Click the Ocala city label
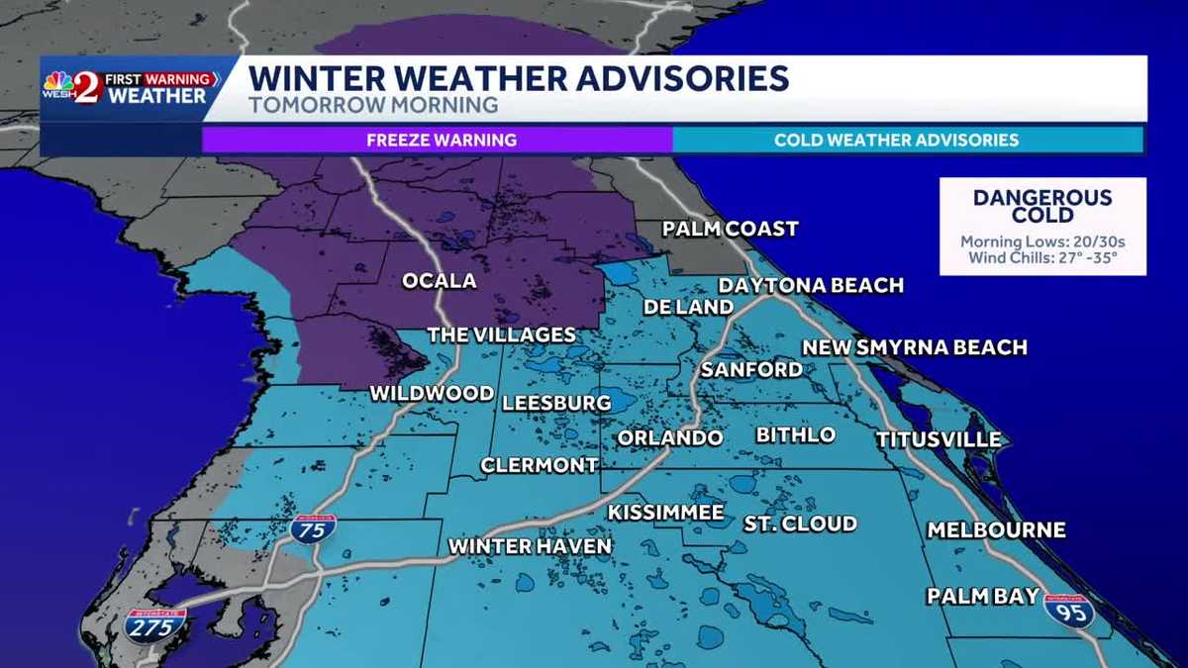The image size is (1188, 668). pyautogui.click(x=439, y=281)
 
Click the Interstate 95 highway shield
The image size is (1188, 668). pyautogui.click(x=1069, y=611)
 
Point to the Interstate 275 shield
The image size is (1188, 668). pyautogui.click(x=155, y=625)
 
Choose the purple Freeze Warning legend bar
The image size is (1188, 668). pyautogui.click(x=441, y=140)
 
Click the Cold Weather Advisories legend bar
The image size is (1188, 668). pyautogui.click(x=896, y=140)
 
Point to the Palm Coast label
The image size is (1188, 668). pyautogui.click(x=730, y=230)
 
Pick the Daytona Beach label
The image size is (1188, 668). pyautogui.click(x=811, y=286)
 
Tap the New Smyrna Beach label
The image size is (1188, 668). pyautogui.click(x=914, y=347)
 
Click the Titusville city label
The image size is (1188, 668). pyautogui.click(x=938, y=439)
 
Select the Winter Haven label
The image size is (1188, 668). pyautogui.click(x=530, y=546)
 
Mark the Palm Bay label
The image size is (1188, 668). pyautogui.click(x=982, y=596)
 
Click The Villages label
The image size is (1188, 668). pyautogui.click(x=501, y=335)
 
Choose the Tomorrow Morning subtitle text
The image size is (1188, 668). pyautogui.click(x=372, y=103)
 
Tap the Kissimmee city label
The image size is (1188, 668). pyautogui.click(x=665, y=513)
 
